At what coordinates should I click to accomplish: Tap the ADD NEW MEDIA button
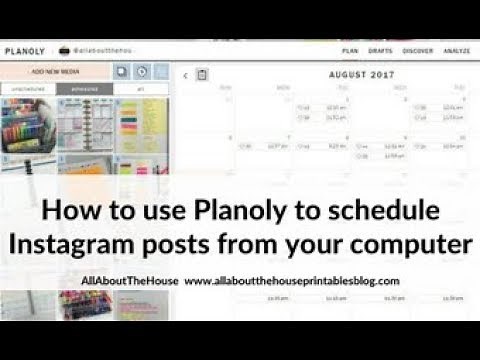pyautogui.click(x=54, y=72)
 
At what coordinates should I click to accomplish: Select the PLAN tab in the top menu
pyautogui.click(x=350, y=48)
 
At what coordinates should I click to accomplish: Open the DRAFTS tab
pyautogui.click(x=380, y=48)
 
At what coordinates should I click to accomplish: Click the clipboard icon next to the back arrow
pyautogui.click(x=202, y=74)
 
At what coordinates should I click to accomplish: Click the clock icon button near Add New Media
pyautogui.click(x=142, y=72)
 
